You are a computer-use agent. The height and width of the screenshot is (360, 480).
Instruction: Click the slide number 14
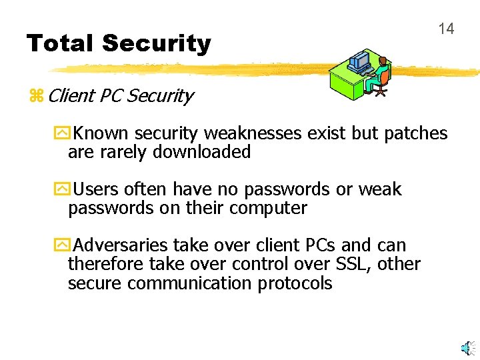(x=446, y=29)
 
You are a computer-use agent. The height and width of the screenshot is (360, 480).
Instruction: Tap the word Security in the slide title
(x=157, y=44)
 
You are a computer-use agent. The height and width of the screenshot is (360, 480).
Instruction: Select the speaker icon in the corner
(x=469, y=347)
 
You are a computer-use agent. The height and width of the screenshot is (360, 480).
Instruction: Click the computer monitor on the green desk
(x=360, y=61)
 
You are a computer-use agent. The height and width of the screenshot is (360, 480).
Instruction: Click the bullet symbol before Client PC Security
(x=36, y=96)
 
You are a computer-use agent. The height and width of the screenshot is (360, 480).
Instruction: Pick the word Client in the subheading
(x=71, y=96)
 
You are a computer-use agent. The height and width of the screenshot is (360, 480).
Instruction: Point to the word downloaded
(x=202, y=152)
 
